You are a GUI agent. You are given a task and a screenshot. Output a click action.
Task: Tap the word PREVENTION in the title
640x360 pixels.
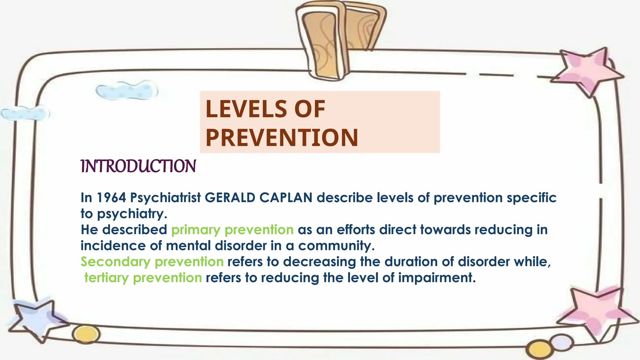tap(282, 138)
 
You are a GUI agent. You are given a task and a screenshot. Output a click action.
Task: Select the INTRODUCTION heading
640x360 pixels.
tap(138, 166)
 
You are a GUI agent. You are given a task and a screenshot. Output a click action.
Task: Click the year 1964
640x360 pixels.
tap(111, 198)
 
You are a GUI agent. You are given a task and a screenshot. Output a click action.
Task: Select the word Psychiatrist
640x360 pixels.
tap(165, 198)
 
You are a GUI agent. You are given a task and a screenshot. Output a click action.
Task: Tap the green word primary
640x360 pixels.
tap(196, 230)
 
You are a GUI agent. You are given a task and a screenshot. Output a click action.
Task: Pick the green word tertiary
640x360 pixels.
tap(106, 278)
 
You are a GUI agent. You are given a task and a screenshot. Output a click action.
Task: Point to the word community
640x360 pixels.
tap(336, 246)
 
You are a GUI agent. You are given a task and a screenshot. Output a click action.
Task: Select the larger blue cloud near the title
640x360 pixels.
tap(127, 91)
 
